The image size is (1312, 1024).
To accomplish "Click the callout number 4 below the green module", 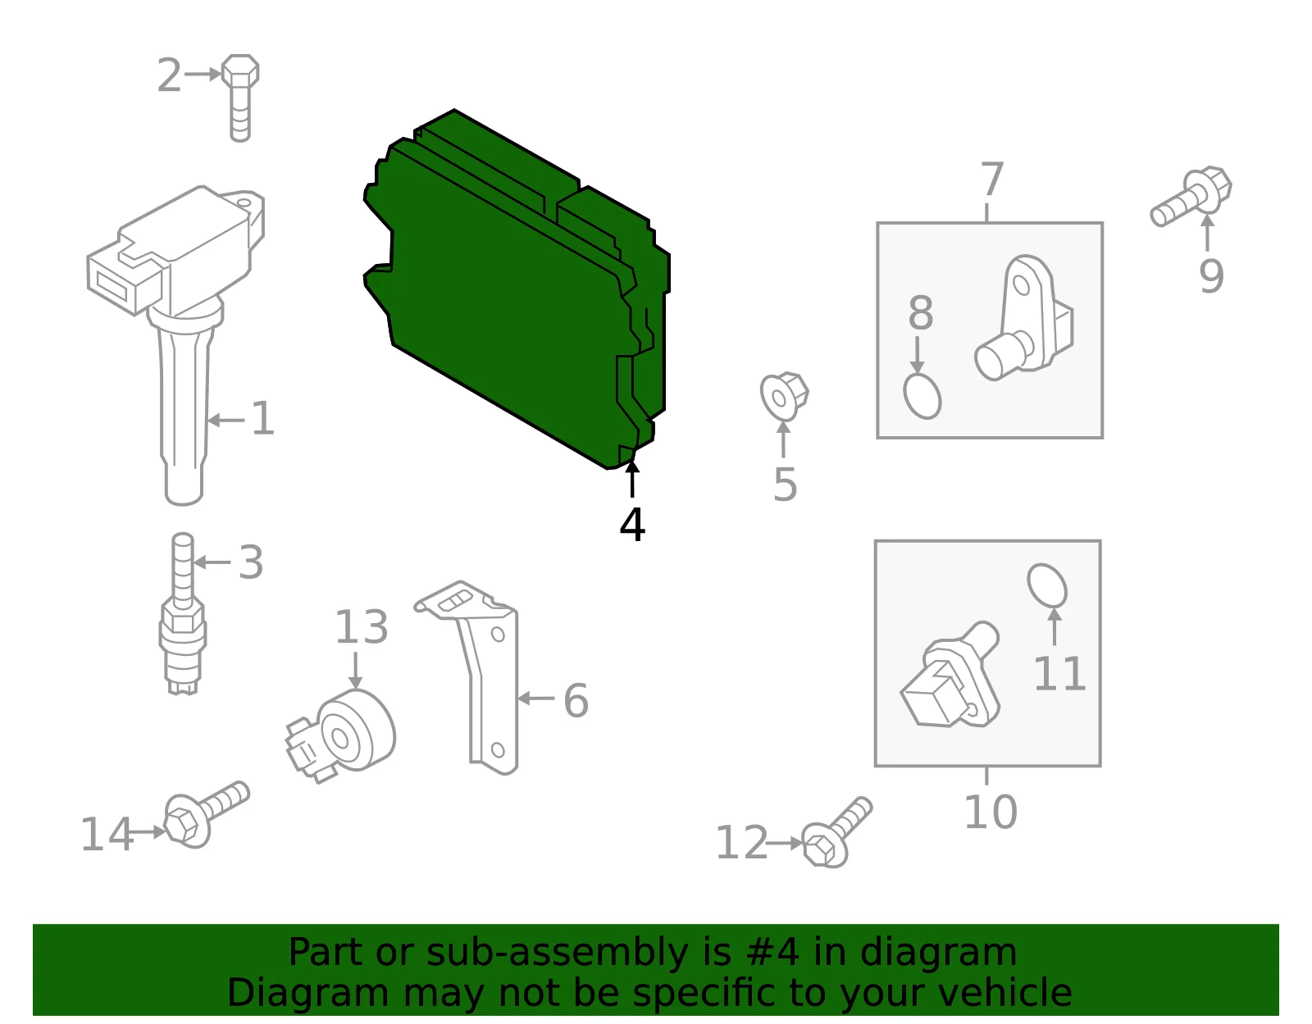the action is [x=632, y=525].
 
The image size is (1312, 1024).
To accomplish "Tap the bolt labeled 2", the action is [x=239, y=98].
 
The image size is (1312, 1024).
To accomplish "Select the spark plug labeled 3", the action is [x=182, y=613].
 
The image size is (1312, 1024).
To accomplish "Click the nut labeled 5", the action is [x=784, y=397].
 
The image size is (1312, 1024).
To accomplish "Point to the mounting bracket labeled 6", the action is [x=477, y=676].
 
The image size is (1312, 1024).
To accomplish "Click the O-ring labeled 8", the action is [x=922, y=396].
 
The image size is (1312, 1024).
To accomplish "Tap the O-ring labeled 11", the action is [x=1047, y=585].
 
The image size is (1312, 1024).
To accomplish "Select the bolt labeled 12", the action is [x=837, y=833].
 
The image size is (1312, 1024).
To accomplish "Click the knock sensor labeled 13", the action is [x=341, y=735].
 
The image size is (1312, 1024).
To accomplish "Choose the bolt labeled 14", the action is [x=206, y=815].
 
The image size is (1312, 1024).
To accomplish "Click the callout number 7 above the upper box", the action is [x=992, y=180].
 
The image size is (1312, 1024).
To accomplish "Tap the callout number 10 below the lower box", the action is [x=991, y=812].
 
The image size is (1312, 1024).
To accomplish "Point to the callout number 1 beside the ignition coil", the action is [x=262, y=418].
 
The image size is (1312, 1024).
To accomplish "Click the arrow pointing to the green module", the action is [x=632, y=479].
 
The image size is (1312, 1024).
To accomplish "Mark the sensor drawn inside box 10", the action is [x=950, y=675].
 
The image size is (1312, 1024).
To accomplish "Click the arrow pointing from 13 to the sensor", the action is [x=356, y=671].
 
